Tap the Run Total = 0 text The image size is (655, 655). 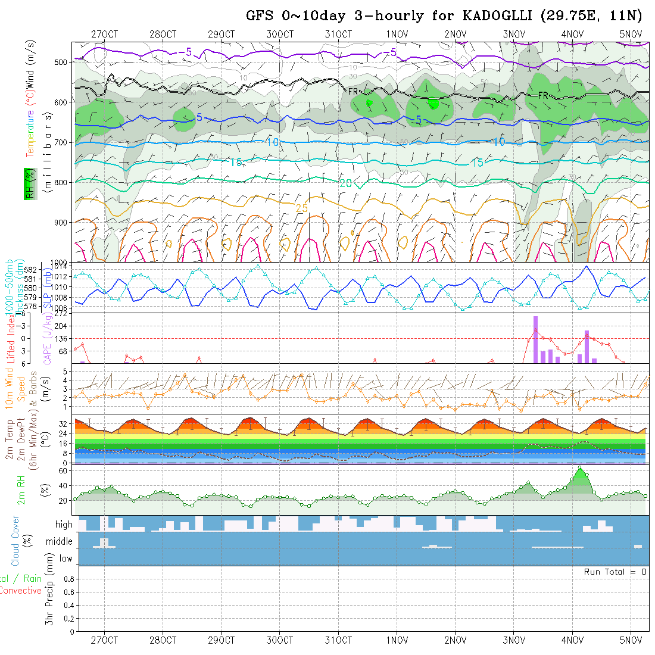point(616,572)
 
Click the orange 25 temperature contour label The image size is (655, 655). point(302,207)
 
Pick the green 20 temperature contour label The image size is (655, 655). point(345,183)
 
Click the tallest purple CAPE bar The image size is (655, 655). point(535,339)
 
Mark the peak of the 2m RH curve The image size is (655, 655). point(579,467)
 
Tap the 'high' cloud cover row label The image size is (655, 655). point(64,525)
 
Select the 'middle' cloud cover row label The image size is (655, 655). point(60,541)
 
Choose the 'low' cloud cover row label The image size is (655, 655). point(65,559)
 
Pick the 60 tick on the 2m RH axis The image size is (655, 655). point(67,470)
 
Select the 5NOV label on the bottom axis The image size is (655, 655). point(631,641)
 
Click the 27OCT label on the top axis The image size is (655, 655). point(104,34)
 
